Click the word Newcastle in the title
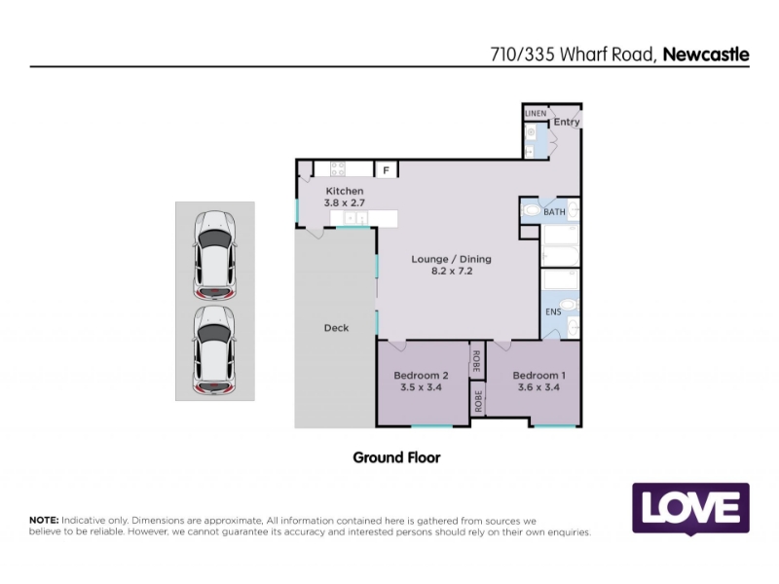click(x=706, y=55)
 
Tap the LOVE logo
click(x=690, y=508)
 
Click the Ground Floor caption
click(x=396, y=457)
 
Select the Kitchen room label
click(x=345, y=191)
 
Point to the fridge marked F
click(x=386, y=169)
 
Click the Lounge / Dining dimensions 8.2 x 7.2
click(x=452, y=272)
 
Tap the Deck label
click(x=336, y=328)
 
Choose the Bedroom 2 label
click(x=421, y=376)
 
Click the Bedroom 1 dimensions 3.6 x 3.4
click(x=538, y=387)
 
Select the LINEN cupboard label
click(x=536, y=113)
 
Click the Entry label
click(x=567, y=122)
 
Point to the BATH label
click(x=554, y=212)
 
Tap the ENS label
click(x=553, y=311)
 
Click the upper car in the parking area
click(x=214, y=255)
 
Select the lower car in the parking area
click(x=214, y=350)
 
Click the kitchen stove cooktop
click(x=338, y=168)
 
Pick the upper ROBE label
click(x=476, y=361)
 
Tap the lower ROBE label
click(x=478, y=401)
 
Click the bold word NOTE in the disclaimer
click(x=44, y=520)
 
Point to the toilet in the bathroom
click(x=531, y=210)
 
